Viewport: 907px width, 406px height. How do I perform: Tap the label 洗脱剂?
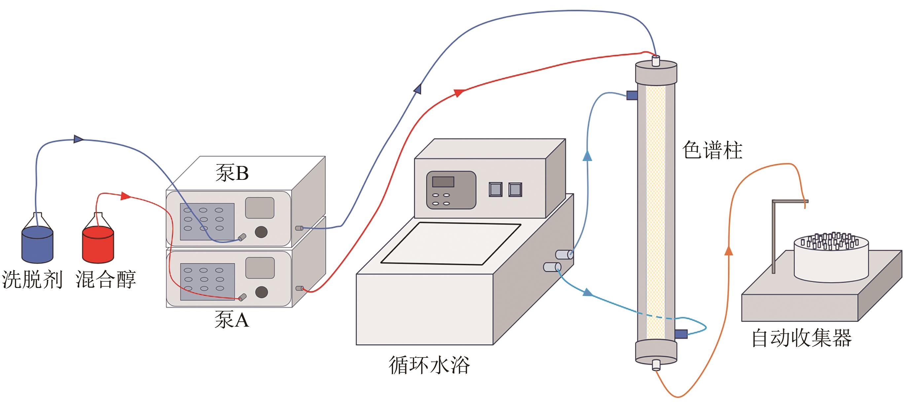tap(32, 280)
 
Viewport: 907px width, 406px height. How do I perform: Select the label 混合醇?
tap(106, 280)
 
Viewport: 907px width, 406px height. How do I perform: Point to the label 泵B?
tap(232, 173)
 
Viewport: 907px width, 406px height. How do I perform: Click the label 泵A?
tap(232, 320)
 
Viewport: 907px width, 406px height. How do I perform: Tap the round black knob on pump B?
tap(261, 231)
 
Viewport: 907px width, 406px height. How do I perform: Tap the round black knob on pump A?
tap(261, 292)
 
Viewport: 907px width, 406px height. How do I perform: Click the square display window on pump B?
tap(260, 208)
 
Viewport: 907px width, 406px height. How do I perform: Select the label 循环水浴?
tap(429, 365)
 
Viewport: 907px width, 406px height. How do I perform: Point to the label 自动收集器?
tap(801, 338)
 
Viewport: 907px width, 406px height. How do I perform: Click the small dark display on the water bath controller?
tap(443, 182)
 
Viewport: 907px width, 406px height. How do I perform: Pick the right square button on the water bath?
tap(515, 189)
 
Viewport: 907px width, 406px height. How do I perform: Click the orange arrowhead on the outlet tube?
tap(729, 251)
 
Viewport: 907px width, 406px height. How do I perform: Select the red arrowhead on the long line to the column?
tap(458, 93)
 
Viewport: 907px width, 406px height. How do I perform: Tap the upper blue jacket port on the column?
tap(632, 95)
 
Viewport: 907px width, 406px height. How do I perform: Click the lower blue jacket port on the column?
tap(681, 333)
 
